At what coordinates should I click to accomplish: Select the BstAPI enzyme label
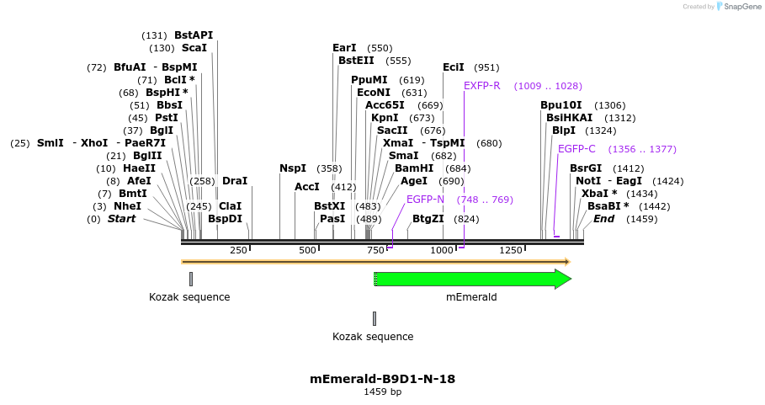194,35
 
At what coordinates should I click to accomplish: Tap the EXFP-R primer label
482,86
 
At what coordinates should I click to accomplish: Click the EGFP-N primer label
425,200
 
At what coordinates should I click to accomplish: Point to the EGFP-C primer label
576,149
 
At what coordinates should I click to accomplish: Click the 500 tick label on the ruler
308,250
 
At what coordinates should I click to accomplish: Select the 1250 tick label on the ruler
511,250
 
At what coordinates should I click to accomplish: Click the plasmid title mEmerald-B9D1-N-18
382,379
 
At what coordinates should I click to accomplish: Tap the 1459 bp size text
382,392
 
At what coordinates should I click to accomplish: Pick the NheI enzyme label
128,206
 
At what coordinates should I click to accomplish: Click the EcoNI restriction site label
374,93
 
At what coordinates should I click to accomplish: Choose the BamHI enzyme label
414,168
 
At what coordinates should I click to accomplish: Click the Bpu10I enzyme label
561,105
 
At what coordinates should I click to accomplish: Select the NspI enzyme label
293,168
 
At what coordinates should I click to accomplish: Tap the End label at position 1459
604,219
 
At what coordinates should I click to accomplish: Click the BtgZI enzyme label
428,219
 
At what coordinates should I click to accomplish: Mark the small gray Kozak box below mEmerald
375,318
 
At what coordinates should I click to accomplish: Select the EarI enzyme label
345,48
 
